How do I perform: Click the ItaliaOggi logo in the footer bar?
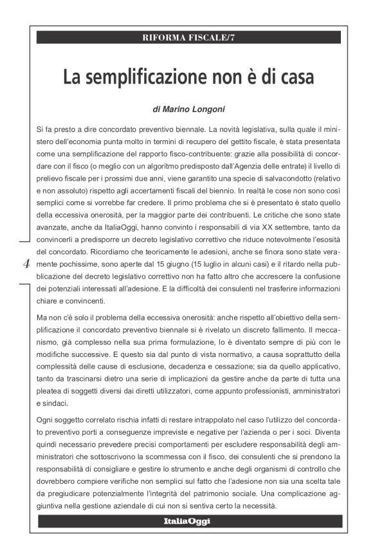click(186, 520)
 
